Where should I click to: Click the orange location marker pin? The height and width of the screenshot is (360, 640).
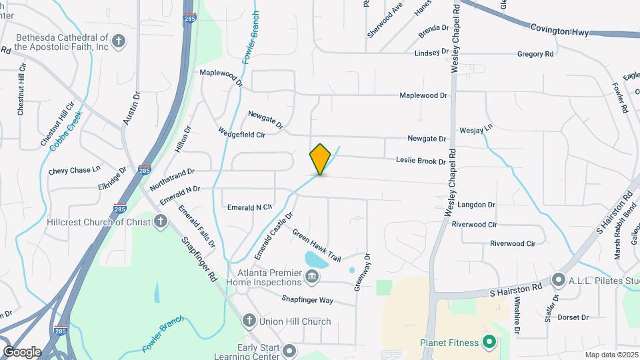(x=321, y=159)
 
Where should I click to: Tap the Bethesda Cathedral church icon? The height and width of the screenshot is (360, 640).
(x=119, y=42)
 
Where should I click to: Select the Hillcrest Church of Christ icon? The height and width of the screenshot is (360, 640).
(x=160, y=222)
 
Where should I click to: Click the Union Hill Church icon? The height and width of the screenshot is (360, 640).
(x=249, y=321)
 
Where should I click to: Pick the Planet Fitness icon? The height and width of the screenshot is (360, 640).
(x=489, y=343)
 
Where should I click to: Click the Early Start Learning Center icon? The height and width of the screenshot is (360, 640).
(x=289, y=350)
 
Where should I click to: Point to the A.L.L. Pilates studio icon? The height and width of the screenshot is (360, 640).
(x=558, y=279)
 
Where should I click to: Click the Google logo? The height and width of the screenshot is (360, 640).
(x=22, y=351)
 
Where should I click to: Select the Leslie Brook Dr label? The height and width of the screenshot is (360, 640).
(x=421, y=161)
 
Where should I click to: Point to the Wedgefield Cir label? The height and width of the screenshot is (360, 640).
(x=242, y=134)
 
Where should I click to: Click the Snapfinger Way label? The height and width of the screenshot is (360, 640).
(x=307, y=300)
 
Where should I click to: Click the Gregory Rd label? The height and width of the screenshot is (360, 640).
(x=535, y=53)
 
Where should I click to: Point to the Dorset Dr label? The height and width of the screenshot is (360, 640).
(x=573, y=317)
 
